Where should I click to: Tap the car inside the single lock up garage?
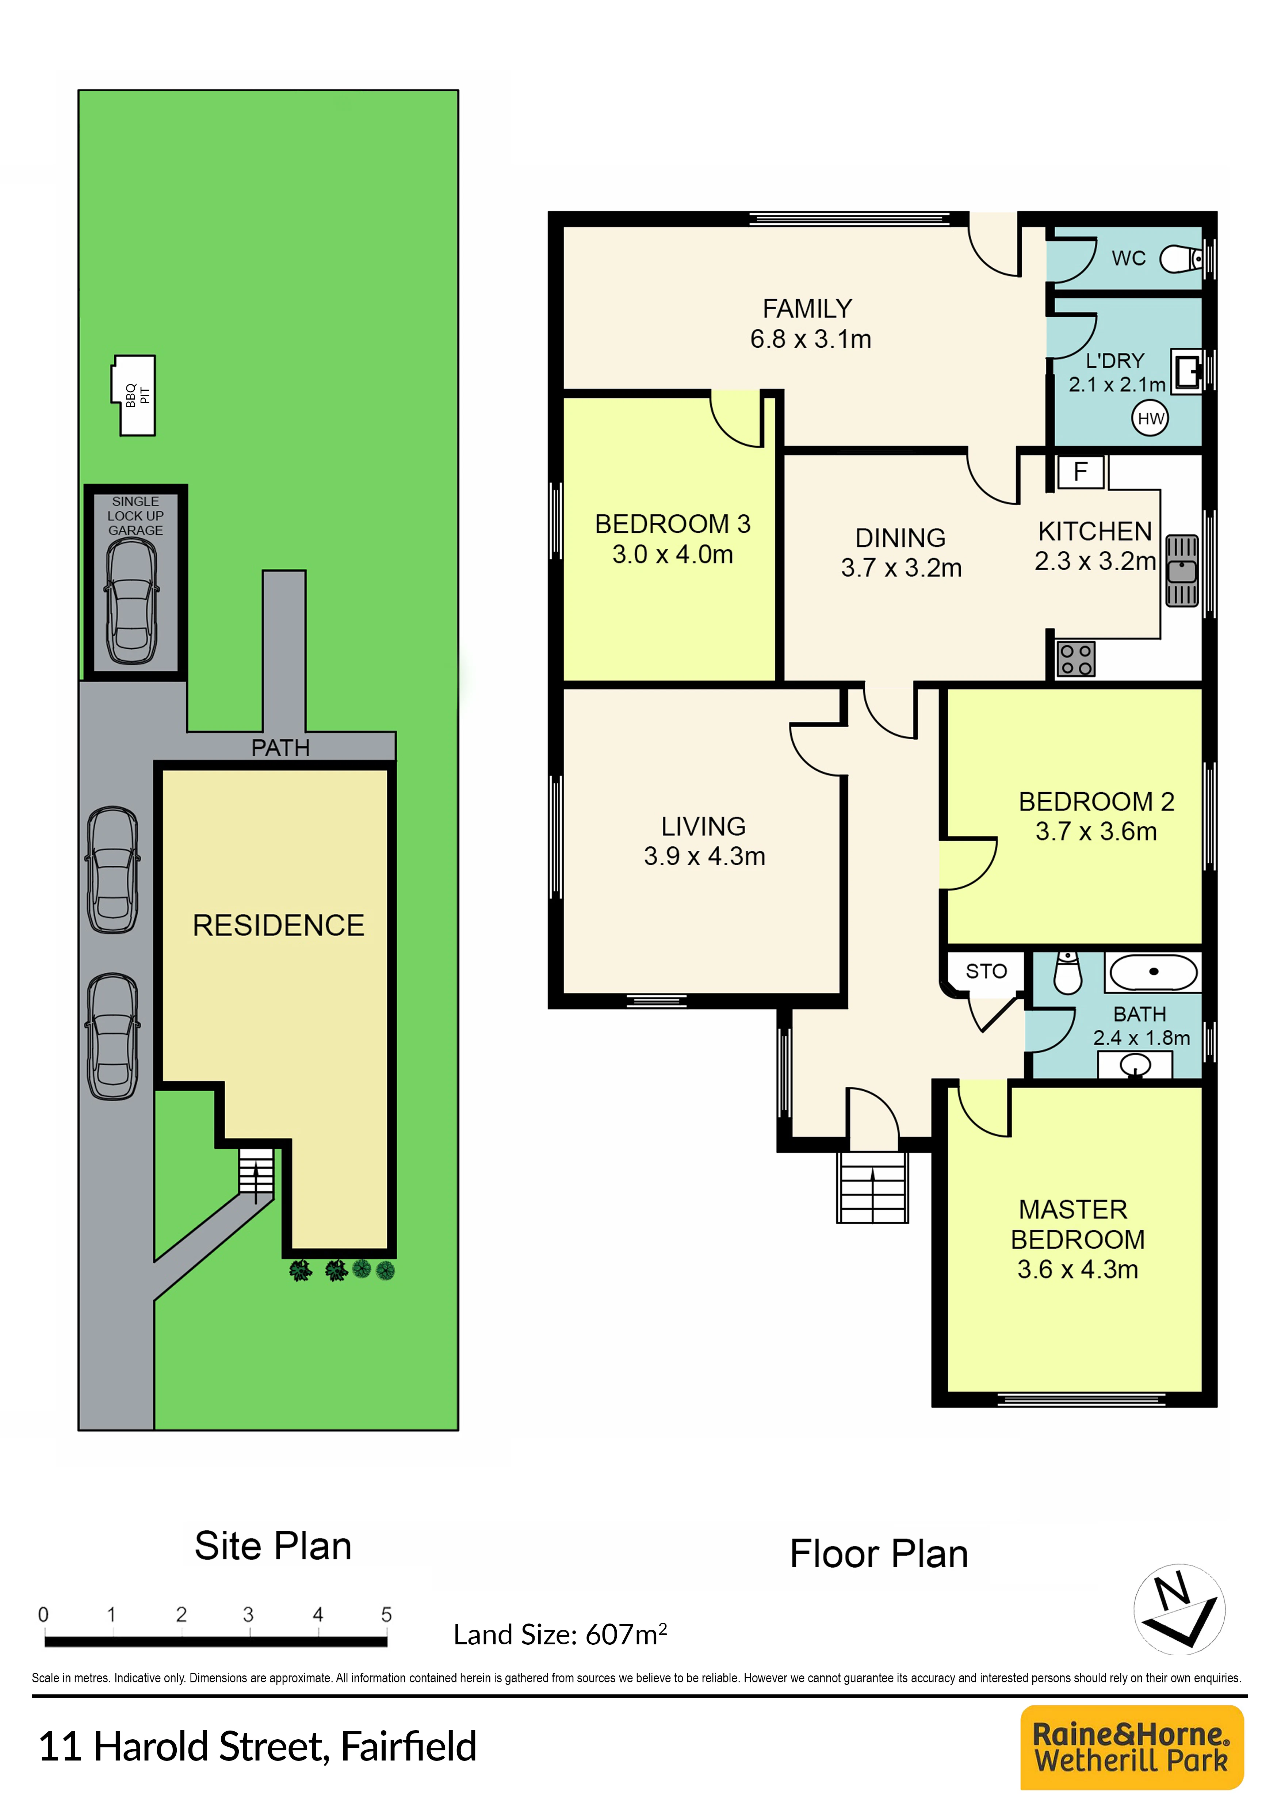tap(132, 601)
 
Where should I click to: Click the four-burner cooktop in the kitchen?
tap(1076, 659)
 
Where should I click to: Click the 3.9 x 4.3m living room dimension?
tap(704, 856)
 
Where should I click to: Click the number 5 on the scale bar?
tap(386, 1614)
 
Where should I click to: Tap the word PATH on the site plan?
tap(280, 747)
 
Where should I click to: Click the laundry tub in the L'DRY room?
tap(1186, 370)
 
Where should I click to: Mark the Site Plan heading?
tap(273, 1546)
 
